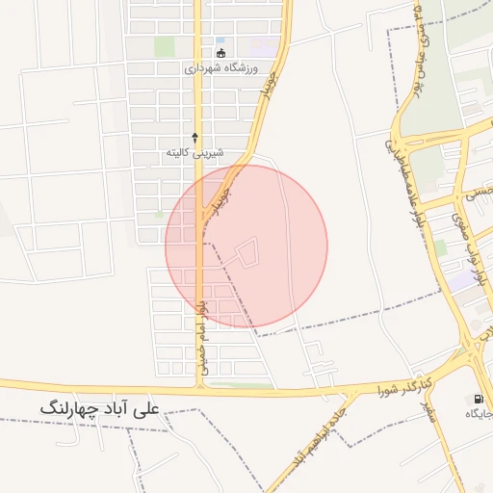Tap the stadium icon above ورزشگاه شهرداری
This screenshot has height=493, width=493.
point(221,53)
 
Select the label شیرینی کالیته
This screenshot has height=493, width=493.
point(195,153)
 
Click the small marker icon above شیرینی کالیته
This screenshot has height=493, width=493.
point(195,138)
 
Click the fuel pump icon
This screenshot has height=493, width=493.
point(479,399)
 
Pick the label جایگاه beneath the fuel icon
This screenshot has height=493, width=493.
point(479,414)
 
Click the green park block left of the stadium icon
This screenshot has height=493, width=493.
point(165,46)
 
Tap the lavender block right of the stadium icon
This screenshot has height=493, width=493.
point(259,45)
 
